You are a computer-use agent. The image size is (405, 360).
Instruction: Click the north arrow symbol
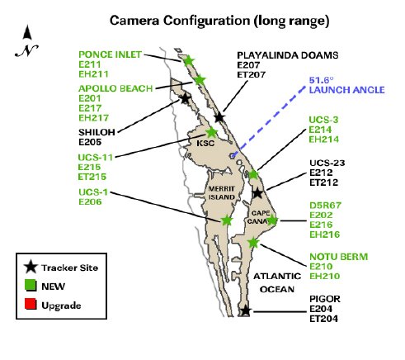click(27, 40)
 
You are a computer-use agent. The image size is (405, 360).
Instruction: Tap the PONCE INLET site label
click(110, 54)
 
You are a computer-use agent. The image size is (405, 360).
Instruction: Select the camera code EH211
click(93, 74)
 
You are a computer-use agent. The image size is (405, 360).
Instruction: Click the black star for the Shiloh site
click(185, 98)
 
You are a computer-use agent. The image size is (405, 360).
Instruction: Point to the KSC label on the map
click(205, 144)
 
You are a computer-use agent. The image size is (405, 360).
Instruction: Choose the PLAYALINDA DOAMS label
click(288, 55)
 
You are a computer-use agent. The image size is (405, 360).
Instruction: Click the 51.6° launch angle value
click(321, 80)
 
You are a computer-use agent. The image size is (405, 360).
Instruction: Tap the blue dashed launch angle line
click(269, 121)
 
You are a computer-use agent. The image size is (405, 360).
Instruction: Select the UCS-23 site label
click(327, 163)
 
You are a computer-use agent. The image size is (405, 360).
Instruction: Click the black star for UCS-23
click(257, 193)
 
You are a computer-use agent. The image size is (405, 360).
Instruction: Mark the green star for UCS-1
click(227, 220)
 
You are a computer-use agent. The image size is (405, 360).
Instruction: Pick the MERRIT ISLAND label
click(222, 193)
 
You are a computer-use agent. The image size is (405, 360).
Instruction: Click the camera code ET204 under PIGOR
click(323, 319)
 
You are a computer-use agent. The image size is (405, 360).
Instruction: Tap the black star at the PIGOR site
click(245, 310)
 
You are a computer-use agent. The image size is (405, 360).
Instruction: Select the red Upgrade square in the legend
click(31, 304)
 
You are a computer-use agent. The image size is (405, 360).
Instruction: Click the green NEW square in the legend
click(31, 286)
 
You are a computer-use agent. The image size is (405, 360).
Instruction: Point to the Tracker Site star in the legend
click(31, 267)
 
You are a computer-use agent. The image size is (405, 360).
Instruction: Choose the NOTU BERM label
click(338, 257)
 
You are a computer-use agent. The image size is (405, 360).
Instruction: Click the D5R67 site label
click(325, 206)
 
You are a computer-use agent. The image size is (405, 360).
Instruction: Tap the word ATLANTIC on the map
click(277, 276)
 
